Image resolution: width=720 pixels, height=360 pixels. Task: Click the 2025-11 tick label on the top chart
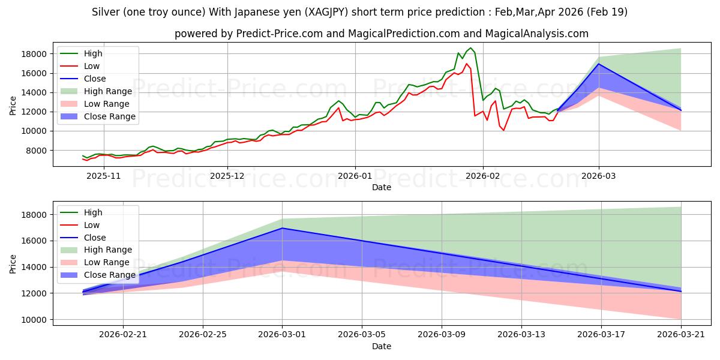[103, 176]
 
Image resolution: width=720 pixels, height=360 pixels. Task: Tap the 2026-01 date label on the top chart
[355, 176]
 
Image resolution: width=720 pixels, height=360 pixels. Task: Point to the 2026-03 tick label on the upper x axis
[599, 176]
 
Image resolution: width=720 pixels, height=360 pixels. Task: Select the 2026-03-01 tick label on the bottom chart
[282, 335]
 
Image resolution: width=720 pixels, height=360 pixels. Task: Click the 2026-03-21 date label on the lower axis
[681, 335]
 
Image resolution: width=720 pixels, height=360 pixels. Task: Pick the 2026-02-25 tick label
[203, 335]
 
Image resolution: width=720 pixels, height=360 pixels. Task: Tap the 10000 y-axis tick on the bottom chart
[34, 320]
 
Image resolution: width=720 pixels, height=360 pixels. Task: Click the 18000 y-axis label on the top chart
[34, 54]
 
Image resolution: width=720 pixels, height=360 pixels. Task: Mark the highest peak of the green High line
[470, 48]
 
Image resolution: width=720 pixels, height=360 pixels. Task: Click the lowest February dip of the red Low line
[503, 130]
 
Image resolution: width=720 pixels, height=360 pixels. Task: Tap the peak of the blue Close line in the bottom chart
[282, 228]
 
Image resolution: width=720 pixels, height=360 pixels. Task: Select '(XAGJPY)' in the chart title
[326, 12]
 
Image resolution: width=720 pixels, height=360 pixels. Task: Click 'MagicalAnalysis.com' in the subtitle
[537, 34]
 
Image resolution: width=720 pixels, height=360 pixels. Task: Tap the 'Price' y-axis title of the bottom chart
[13, 264]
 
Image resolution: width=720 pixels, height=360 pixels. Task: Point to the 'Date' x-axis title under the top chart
[382, 187]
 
